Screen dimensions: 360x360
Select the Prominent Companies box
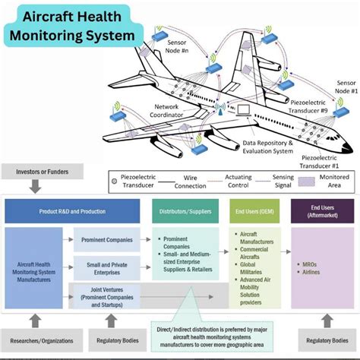pos(106,240)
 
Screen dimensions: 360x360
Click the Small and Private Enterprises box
pos(106,267)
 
